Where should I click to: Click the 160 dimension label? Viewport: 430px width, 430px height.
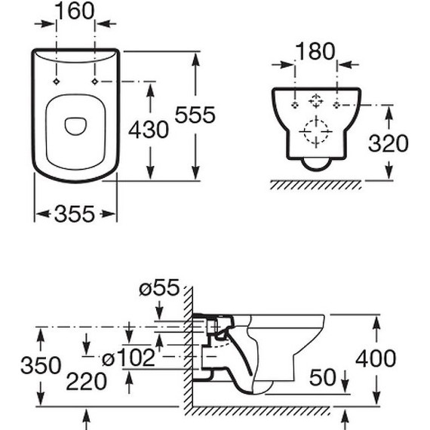pyautogui.click(x=75, y=11)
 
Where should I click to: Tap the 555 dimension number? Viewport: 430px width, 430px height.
pyautogui.click(x=195, y=115)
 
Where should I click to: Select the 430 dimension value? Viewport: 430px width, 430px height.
pyautogui.click(x=149, y=130)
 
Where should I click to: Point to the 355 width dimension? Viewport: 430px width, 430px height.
pyautogui.click(x=75, y=213)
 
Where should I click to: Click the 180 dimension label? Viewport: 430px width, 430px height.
pyautogui.click(x=315, y=51)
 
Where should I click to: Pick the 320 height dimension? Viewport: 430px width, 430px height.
pyautogui.click(x=389, y=143)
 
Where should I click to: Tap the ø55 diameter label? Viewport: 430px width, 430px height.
pyautogui.click(x=159, y=288)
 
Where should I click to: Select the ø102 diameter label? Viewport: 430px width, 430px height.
pyautogui.click(x=128, y=358)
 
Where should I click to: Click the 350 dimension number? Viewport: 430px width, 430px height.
pyautogui.click(x=41, y=365)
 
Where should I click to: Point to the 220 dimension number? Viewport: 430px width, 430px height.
pyautogui.click(x=86, y=382)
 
